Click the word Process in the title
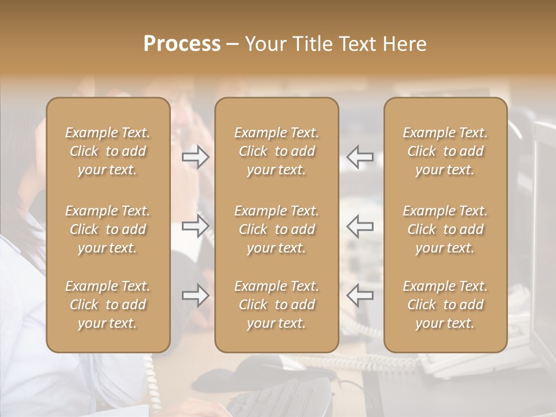(x=182, y=44)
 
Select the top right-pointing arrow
(x=195, y=157)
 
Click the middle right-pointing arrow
(x=195, y=226)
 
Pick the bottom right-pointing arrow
(x=195, y=295)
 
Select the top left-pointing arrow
(x=360, y=157)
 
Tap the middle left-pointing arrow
(x=360, y=226)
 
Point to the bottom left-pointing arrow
(x=360, y=295)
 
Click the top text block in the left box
(x=108, y=151)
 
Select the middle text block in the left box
(x=108, y=229)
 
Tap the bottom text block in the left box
(x=108, y=305)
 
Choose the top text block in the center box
(x=276, y=151)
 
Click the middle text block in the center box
(x=276, y=229)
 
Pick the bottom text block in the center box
(x=276, y=305)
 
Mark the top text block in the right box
(x=445, y=151)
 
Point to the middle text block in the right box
(x=445, y=229)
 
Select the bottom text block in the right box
(x=445, y=305)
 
